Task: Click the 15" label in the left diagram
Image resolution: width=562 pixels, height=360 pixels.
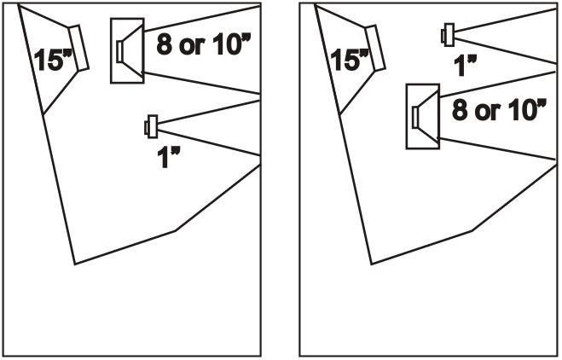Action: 54,60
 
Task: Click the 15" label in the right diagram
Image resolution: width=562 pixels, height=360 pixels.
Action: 350,60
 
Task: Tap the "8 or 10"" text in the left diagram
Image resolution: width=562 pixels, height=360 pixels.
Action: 202,45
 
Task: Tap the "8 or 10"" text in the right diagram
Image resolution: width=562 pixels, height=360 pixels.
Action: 499,110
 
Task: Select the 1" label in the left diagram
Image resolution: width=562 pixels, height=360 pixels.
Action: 168,158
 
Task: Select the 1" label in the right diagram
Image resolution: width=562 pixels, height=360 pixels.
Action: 465,66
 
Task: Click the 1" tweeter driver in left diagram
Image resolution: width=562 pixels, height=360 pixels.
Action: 151,126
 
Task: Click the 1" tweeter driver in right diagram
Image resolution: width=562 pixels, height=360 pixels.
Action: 448,35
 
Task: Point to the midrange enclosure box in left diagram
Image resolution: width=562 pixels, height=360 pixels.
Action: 127,50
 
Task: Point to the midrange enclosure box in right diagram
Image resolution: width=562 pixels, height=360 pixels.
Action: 423,116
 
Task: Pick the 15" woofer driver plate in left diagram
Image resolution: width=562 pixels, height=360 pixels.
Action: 79,48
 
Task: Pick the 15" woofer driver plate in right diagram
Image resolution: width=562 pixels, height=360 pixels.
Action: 375,48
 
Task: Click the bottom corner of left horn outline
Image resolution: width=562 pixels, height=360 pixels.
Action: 75,264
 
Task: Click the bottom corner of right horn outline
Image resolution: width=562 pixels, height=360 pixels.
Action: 372,264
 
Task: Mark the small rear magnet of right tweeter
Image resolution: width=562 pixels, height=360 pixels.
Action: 443,36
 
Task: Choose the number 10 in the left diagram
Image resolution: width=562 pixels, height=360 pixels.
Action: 225,45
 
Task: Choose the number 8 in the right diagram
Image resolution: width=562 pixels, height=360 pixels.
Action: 461,110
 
